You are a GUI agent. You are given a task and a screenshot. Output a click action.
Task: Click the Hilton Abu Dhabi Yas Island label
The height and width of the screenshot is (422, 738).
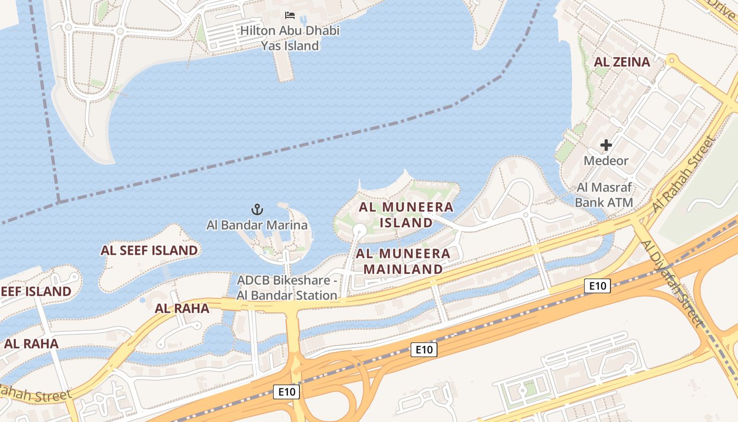click(x=290, y=38)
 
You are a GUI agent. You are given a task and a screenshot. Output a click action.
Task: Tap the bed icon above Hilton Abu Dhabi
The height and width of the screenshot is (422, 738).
click(x=290, y=15)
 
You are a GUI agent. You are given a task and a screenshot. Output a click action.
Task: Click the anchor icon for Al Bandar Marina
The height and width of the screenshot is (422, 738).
click(x=257, y=209)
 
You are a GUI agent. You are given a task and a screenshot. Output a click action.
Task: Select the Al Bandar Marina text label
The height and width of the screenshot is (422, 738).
click(x=257, y=225)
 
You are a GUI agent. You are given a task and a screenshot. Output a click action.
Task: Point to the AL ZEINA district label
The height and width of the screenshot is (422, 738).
click(x=622, y=62)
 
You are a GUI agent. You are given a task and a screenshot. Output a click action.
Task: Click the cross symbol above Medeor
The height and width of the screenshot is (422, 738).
click(x=606, y=145)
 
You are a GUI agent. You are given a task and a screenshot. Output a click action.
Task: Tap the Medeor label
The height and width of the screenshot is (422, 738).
click(x=606, y=160)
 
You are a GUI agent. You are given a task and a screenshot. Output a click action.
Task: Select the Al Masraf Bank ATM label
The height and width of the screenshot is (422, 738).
click(x=604, y=195)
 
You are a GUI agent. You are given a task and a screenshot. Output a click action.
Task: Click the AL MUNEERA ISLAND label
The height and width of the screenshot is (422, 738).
click(x=406, y=215)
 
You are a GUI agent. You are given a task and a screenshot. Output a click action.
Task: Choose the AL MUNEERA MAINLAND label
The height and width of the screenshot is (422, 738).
click(x=403, y=261)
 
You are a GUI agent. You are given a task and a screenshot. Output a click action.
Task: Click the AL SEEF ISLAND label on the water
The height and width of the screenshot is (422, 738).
click(x=149, y=250)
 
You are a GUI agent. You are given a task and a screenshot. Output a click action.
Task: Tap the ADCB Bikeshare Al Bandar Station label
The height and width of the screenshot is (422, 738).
click(x=287, y=287)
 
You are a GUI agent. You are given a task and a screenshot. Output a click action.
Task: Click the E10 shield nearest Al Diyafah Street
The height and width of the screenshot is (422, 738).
click(x=597, y=286)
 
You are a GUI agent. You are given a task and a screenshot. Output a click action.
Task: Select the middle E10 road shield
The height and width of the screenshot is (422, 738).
click(x=424, y=349)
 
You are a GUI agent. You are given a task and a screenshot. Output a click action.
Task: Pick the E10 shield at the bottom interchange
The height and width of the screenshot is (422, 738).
click(x=287, y=391)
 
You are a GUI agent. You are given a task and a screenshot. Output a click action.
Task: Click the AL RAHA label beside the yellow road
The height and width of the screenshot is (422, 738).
click(x=182, y=309)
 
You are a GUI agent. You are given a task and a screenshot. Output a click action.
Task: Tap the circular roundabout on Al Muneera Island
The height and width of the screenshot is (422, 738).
click(x=360, y=229)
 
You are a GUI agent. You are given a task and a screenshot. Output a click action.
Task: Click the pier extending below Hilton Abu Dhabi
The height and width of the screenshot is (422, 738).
click(x=284, y=66)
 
